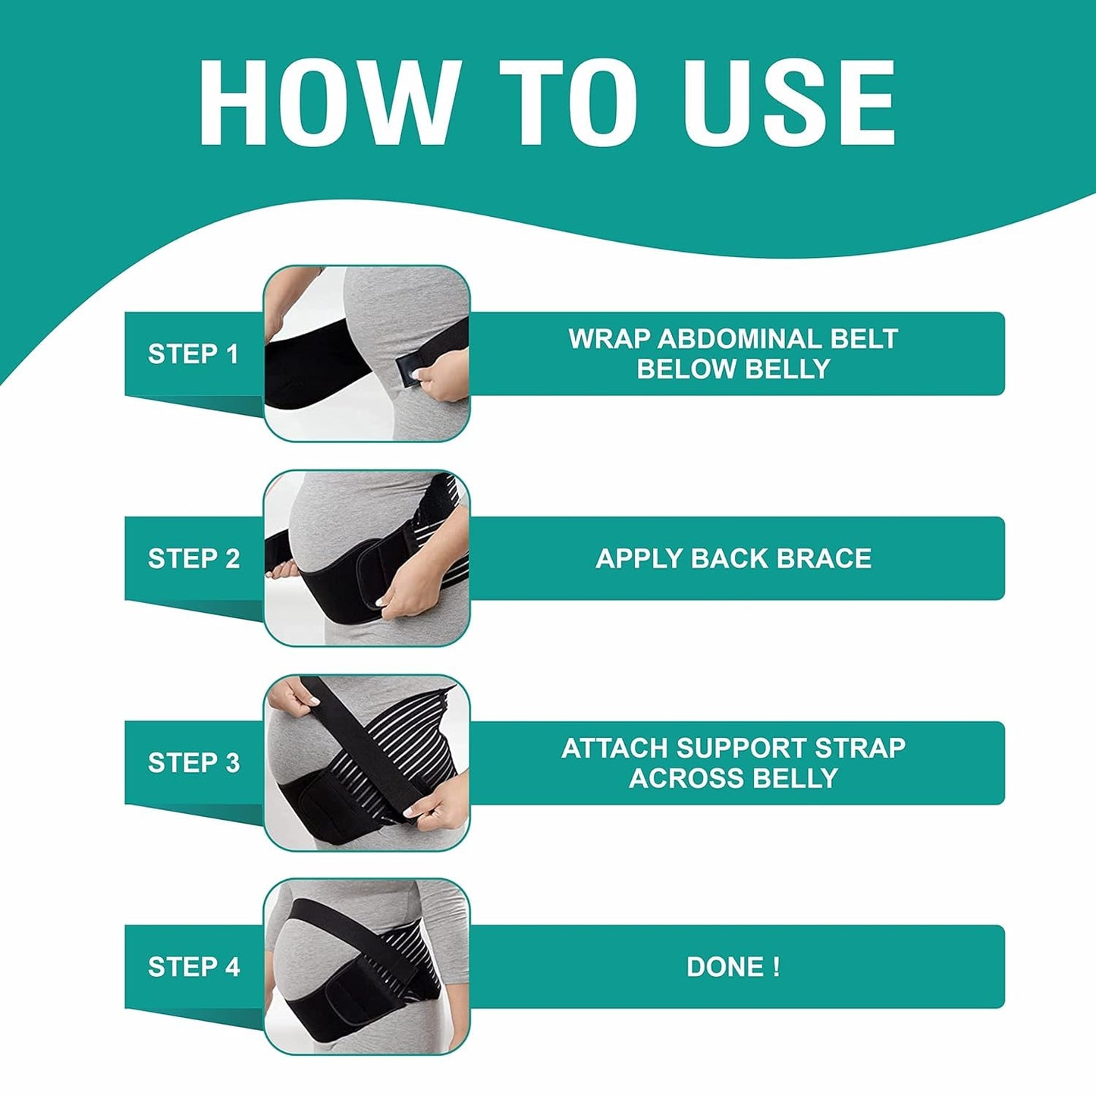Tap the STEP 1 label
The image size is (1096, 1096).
(193, 353)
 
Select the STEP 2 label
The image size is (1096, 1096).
(193, 558)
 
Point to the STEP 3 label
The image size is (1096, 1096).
(193, 762)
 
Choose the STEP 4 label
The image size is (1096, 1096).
(193, 967)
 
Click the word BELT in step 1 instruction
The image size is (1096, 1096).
(864, 338)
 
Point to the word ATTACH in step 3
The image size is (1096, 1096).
(614, 748)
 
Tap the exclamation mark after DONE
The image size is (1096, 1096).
(776, 967)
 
